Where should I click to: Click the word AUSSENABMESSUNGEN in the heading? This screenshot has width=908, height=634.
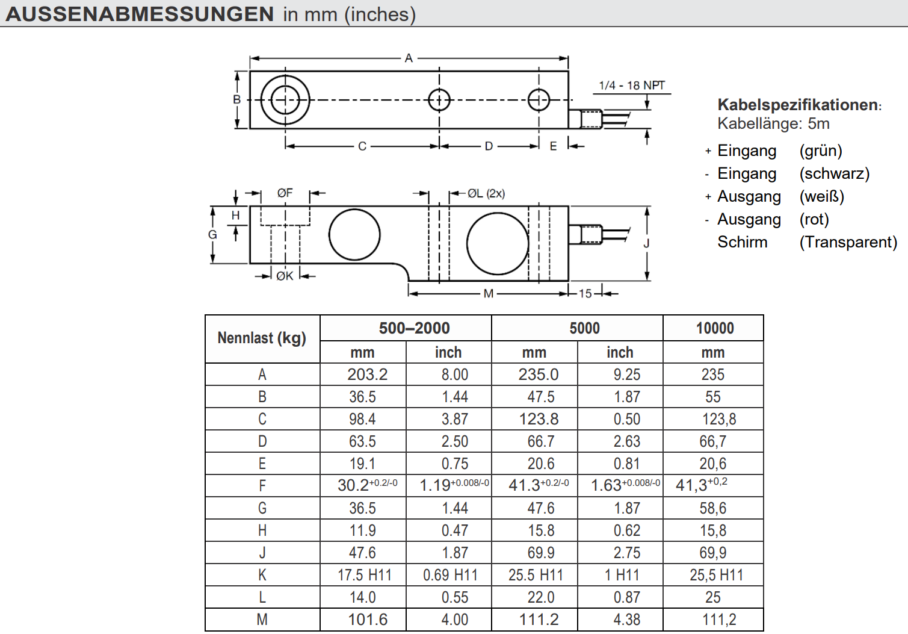(140, 14)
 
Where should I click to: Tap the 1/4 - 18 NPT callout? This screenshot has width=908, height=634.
(632, 85)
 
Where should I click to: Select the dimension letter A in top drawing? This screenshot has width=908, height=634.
(409, 58)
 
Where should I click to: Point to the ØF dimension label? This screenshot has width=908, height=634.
(285, 193)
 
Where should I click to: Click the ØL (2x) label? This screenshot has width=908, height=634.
(486, 193)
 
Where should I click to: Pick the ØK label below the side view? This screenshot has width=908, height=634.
(285, 276)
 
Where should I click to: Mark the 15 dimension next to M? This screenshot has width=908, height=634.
(585, 293)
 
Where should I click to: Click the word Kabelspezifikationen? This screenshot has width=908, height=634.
(798, 105)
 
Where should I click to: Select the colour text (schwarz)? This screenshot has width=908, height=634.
(834, 173)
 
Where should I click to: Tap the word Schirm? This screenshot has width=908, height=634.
(742, 242)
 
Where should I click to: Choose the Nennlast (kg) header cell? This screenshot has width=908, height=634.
(262, 338)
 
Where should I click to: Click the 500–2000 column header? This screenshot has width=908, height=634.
(414, 328)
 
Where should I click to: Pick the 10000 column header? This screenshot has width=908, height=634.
(714, 328)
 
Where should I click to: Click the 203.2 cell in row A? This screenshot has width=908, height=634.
(367, 374)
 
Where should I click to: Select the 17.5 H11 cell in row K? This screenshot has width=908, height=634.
(364, 575)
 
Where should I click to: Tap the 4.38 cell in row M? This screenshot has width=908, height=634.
(626, 620)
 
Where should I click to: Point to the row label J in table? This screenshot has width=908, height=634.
(262, 553)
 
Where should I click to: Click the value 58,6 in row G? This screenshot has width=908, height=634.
(712, 508)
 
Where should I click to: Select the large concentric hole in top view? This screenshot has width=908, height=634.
(285, 100)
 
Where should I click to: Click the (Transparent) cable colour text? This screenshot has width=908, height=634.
(848, 242)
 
